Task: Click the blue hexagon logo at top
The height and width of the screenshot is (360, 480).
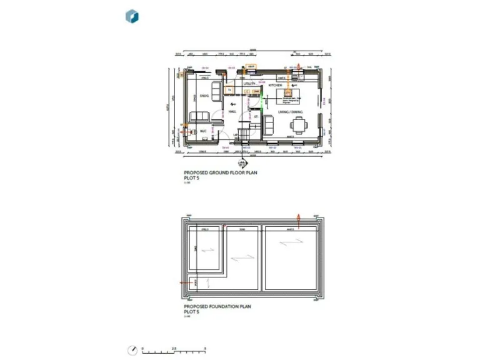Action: (132, 16)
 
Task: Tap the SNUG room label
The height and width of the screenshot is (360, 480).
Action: (204, 96)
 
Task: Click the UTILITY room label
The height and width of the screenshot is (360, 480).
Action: (249, 84)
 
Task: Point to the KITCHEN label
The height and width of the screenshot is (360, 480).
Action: (276, 84)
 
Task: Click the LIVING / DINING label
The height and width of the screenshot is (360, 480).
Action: (291, 111)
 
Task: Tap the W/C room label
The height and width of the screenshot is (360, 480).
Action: (203, 131)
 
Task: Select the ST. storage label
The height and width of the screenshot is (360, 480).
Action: (256, 117)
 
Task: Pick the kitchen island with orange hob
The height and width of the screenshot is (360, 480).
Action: (290, 95)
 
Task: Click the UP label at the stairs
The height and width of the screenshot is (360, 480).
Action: (236, 134)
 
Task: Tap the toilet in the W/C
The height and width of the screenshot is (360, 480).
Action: (214, 132)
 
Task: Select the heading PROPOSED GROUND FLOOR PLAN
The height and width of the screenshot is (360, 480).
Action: (220, 173)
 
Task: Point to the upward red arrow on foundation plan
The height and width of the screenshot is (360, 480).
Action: (299, 220)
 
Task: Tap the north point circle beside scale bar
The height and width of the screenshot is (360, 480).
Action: (132, 349)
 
